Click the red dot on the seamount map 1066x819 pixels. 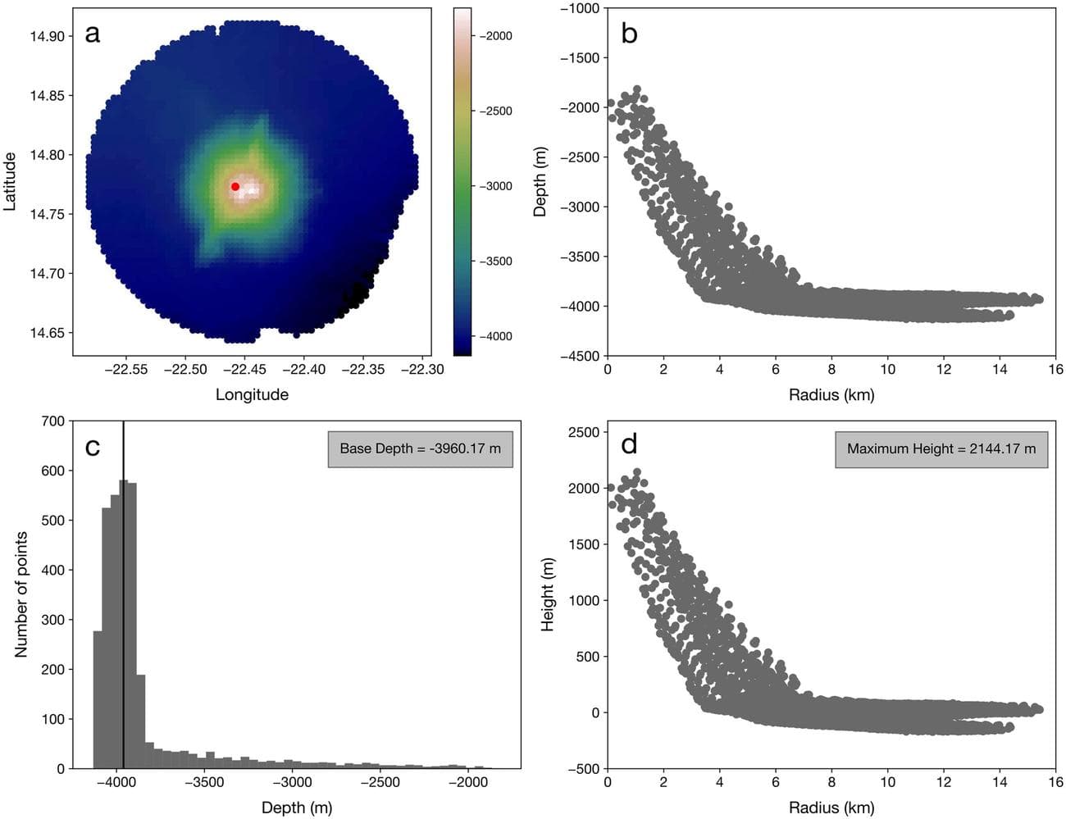tap(235, 187)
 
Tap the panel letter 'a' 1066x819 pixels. tap(93, 34)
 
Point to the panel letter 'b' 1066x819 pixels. tap(629, 34)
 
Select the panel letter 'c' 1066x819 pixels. tap(93, 446)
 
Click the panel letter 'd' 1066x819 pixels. tap(629, 444)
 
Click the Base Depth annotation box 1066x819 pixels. tap(420, 449)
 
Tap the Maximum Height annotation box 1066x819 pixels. tap(941, 449)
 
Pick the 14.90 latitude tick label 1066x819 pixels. tap(47, 36)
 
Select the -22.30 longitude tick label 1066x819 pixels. tap(422, 370)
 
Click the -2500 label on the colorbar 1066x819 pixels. tap(495, 111)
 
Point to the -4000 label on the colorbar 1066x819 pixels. tap(495, 336)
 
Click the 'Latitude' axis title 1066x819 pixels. tap(11, 181)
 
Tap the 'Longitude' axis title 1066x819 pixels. tap(252, 394)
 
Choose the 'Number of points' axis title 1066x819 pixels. tap(21, 594)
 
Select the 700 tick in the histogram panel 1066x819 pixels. tap(52, 421)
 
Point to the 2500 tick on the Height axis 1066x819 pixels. tap(584, 432)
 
